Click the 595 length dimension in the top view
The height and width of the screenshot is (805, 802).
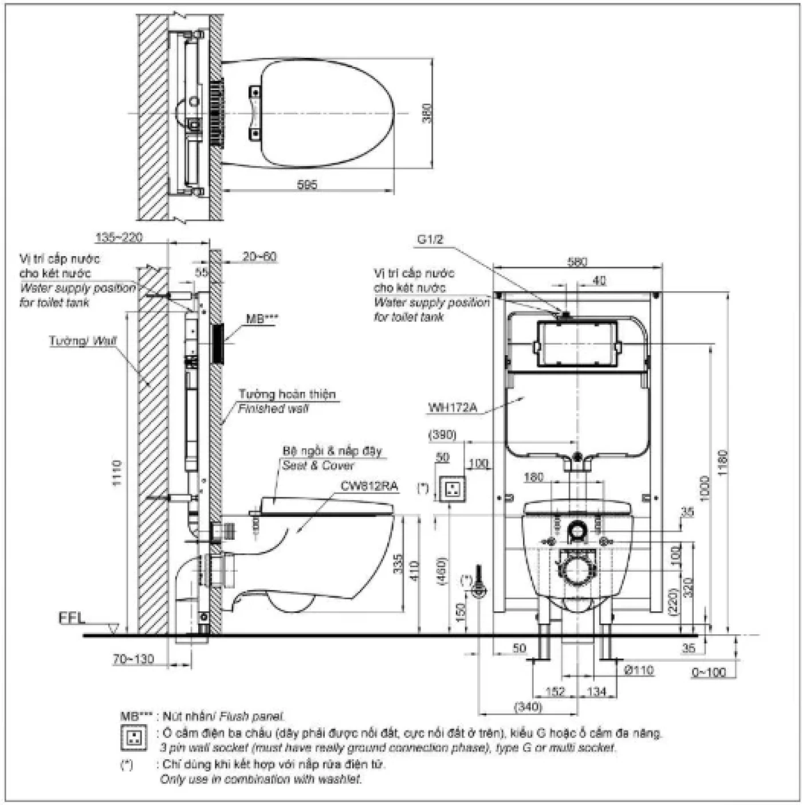tap(307, 184)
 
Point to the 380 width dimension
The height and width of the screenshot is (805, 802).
tap(426, 112)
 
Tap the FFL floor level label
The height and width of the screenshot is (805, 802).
tap(72, 618)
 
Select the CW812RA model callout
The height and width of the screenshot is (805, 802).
tap(369, 486)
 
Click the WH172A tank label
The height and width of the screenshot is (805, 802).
tap(453, 408)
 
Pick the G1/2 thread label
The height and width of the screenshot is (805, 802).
tap(430, 239)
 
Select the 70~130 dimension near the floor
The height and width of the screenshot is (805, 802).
tap(133, 659)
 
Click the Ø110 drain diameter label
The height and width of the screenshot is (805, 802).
tap(638, 670)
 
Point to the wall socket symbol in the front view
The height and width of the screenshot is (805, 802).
tap(450, 488)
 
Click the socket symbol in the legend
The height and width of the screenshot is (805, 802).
tap(135, 738)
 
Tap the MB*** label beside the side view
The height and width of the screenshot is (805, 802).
tap(263, 319)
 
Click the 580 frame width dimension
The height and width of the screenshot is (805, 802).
tap(577, 262)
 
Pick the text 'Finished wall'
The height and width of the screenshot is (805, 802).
tap(273, 409)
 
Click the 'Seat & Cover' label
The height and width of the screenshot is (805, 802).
tap(318, 465)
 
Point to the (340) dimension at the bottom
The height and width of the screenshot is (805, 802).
tap(528, 706)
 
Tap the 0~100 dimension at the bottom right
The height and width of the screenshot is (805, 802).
tap(708, 672)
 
